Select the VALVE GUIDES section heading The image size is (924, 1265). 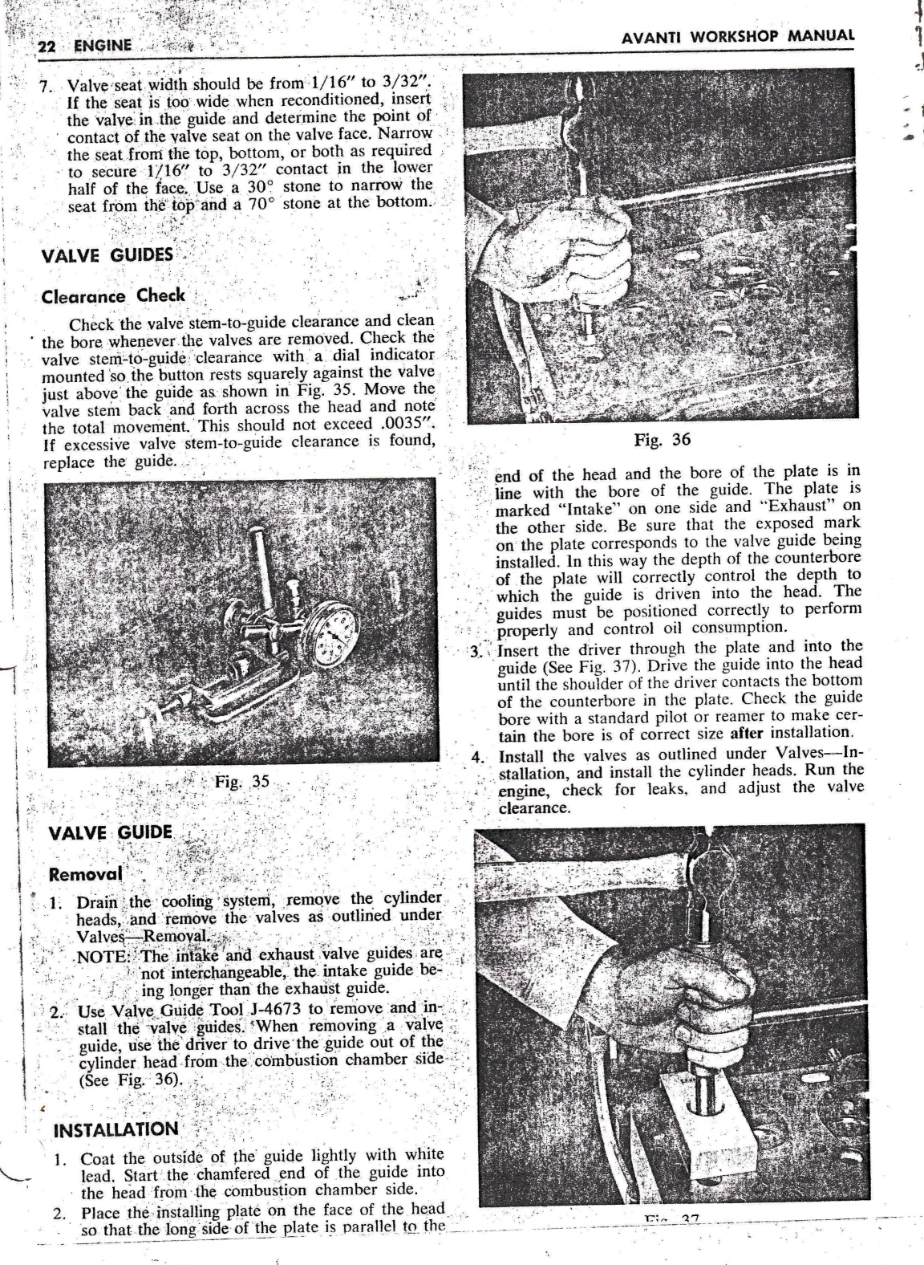pyautogui.click(x=107, y=256)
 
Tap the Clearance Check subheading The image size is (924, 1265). pyautogui.click(x=112, y=295)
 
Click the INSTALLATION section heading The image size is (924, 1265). pyautogui.click(x=115, y=1129)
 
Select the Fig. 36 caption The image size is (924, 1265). pyautogui.click(x=662, y=439)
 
